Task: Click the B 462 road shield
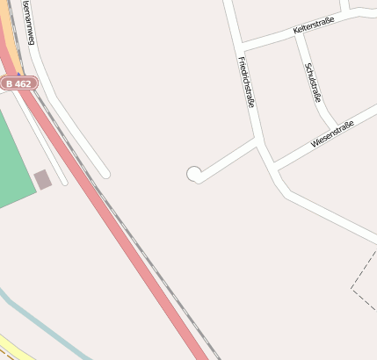18,83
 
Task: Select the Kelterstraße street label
314,29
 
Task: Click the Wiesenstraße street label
332,134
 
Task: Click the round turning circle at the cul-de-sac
194,174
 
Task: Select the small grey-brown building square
42,179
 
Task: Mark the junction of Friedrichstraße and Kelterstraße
240,46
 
